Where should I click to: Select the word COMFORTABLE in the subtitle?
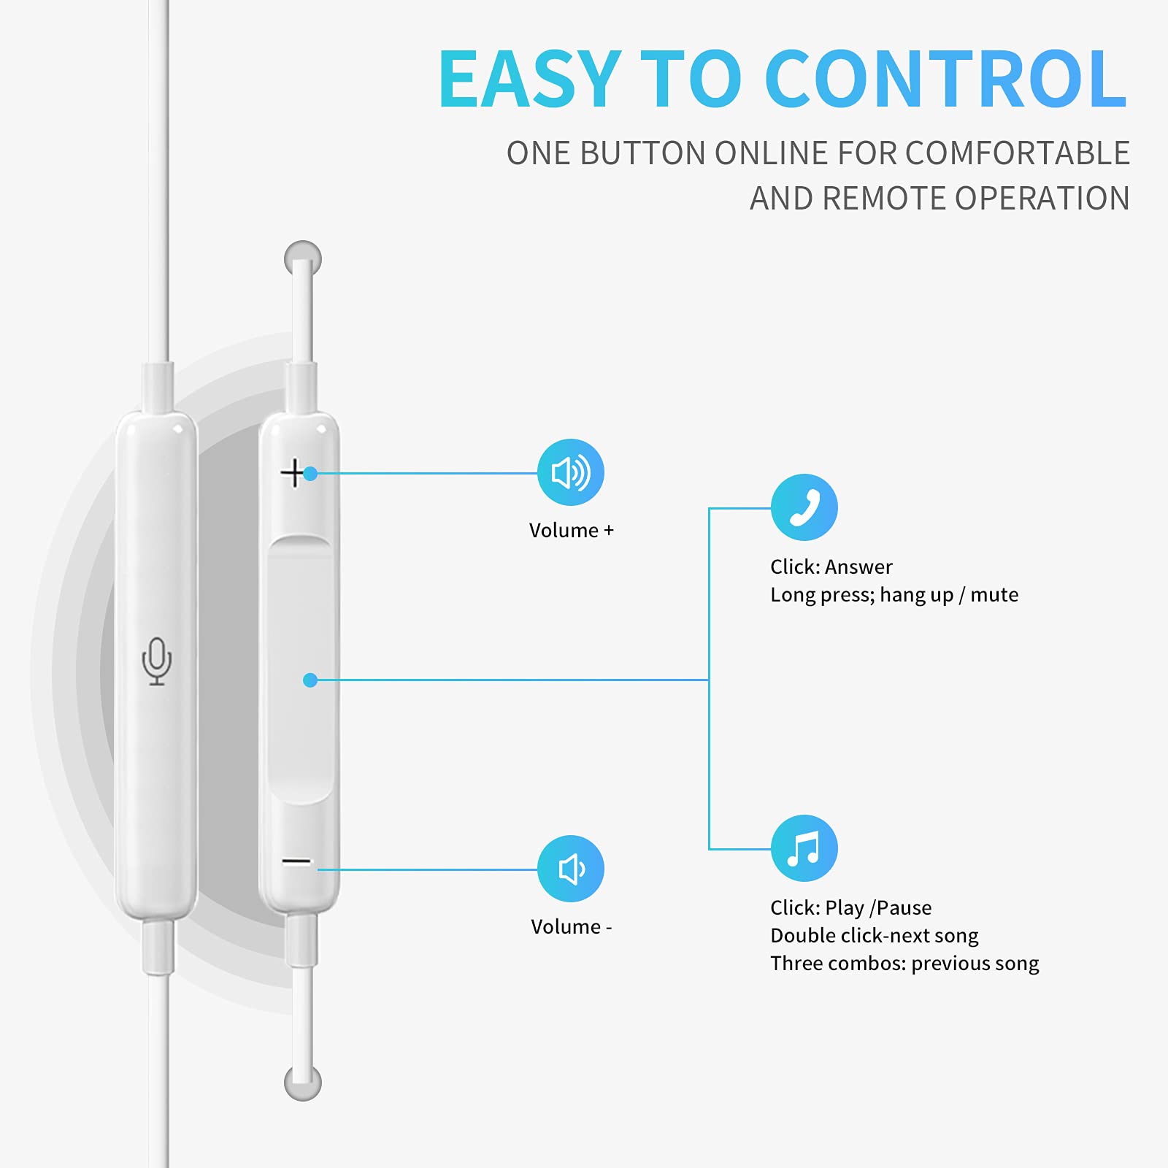tap(1018, 153)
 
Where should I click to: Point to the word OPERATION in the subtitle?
tap(1042, 199)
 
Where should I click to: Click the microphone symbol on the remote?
tap(157, 661)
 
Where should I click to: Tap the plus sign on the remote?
tap(293, 473)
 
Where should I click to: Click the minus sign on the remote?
tap(296, 861)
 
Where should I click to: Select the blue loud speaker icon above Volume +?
tap(571, 472)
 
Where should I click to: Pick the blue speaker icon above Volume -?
tap(571, 869)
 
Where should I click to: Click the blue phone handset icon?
tap(804, 507)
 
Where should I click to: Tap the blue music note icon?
tap(804, 848)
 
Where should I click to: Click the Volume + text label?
tap(572, 530)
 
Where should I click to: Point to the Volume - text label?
tap(572, 926)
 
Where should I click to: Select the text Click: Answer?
tap(831, 566)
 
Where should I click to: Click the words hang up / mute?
tap(949, 595)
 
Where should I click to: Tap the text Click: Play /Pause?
tap(851, 907)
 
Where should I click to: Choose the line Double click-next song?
tap(875, 935)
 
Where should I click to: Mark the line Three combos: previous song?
tap(904, 964)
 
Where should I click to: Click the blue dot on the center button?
tap(310, 680)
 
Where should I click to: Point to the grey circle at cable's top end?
tap(303, 258)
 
